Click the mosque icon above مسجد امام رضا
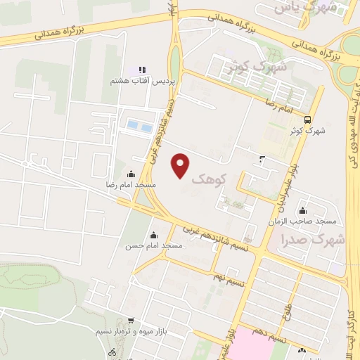(131, 174)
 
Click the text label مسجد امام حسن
(154, 246)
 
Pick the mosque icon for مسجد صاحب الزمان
(303, 210)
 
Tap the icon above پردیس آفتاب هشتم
(141, 70)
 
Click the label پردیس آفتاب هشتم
(140, 81)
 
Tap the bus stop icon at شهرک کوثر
(307, 120)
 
